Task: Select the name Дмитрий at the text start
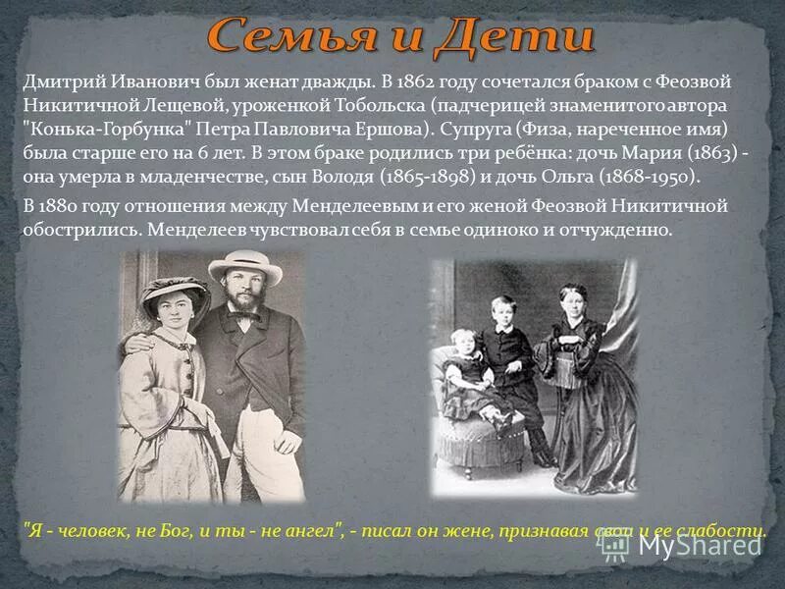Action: (x=60, y=83)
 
